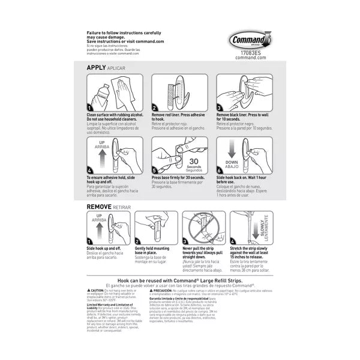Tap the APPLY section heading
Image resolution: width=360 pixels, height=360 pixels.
pos(97,68)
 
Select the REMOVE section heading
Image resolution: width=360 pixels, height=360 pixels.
pos(100,206)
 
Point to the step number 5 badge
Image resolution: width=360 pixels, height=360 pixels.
pos(155,170)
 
